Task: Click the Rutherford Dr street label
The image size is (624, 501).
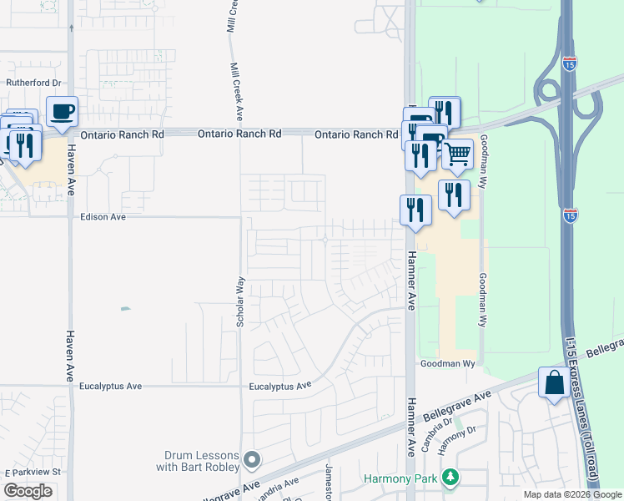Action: point(34,83)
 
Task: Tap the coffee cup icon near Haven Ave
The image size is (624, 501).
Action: point(61,111)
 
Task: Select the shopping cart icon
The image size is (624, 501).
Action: point(456,154)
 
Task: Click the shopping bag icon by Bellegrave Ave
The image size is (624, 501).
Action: point(554,383)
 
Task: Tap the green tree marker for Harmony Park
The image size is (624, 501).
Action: point(451,478)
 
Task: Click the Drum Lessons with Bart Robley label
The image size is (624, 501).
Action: point(198,461)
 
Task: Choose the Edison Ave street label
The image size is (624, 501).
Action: point(103,217)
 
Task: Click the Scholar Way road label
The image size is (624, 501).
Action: point(240,301)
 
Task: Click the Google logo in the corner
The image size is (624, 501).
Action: point(28,491)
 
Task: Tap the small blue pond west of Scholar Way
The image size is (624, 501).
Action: point(125,309)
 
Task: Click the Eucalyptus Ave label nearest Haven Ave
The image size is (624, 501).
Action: point(111,387)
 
